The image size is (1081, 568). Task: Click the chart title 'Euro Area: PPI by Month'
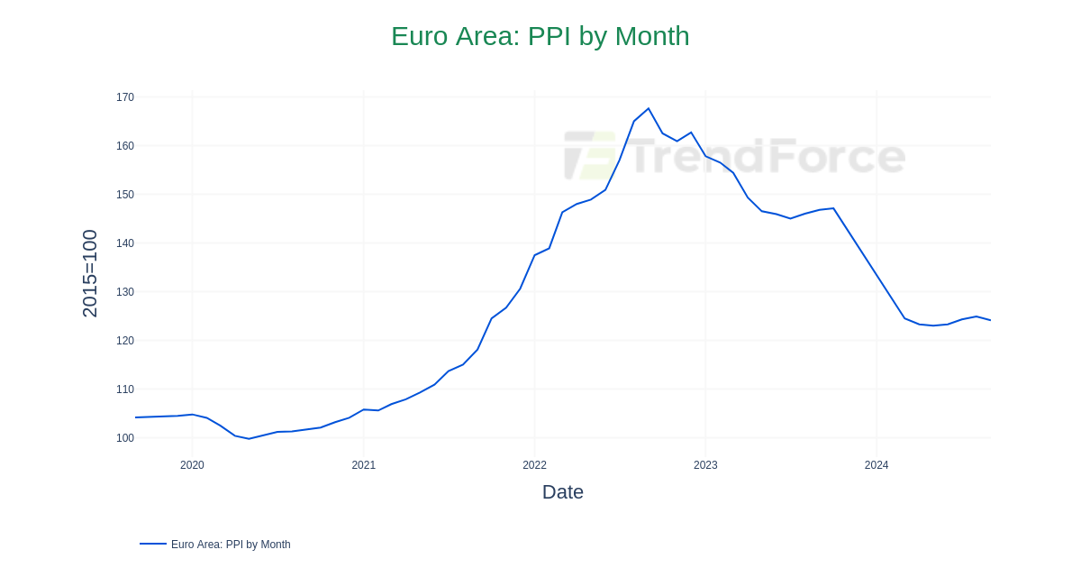[x=540, y=36]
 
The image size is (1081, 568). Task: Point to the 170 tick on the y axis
[x=124, y=97]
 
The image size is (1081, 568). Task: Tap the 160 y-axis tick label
[x=124, y=146]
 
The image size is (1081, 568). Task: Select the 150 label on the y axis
[x=124, y=195]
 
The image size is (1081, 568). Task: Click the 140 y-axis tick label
[x=124, y=243]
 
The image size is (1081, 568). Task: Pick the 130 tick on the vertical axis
[x=124, y=292]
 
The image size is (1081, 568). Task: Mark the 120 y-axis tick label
[x=124, y=341]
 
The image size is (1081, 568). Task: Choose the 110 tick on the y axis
[x=124, y=389]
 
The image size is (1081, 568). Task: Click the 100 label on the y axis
[x=124, y=438]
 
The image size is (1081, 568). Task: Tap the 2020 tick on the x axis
[x=192, y=465]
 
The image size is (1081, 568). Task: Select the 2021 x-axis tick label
[x=363, y=465]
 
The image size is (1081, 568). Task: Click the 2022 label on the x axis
[x=534, y=465]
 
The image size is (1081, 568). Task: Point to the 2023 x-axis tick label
[x=705, y=465]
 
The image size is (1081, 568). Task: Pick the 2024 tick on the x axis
[x=877, y=465]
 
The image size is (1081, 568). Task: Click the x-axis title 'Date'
[x=562, y=492]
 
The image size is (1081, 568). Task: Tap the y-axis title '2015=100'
[x=90, y=273]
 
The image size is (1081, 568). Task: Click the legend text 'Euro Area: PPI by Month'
[x=231, y=545]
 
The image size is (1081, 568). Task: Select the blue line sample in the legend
[x=153, y=544]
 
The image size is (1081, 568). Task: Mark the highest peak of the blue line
[x=649, y=109]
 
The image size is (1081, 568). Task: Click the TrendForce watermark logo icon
[x=590, y=156]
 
